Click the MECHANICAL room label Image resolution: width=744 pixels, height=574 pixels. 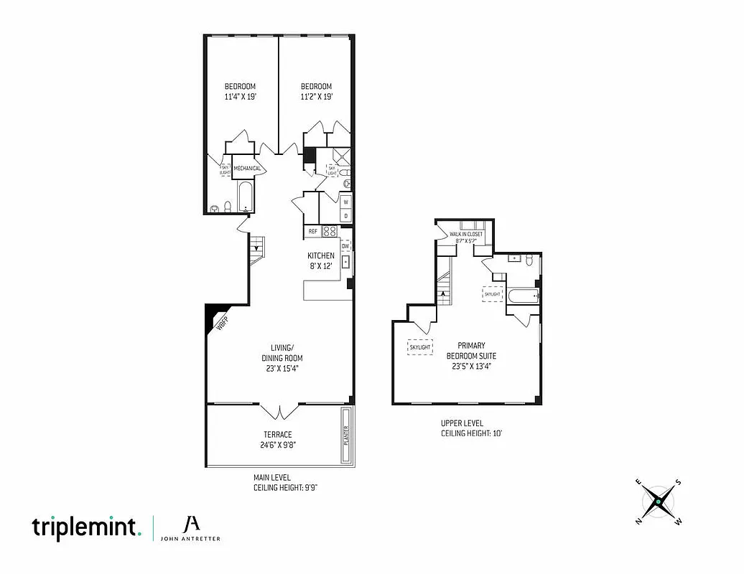tap(246, 169)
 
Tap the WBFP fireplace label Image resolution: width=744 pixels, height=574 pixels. tap(222, 324)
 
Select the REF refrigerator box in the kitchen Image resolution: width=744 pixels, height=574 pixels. tap(313, 231)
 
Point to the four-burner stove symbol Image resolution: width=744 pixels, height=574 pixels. tap(330, 231)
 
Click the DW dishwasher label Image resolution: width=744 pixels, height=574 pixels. tap(345, 246)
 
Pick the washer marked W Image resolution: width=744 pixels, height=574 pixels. tap(345, 202)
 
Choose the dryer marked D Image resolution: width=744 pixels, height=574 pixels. tap(345, 215)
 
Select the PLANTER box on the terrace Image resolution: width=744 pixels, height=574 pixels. tap(345, 436)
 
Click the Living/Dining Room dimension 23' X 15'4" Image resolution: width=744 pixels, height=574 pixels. tap(282, 369)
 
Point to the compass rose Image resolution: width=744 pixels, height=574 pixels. tap(658, 500)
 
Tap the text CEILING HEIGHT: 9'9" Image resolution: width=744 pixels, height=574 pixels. tap(285, 488)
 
